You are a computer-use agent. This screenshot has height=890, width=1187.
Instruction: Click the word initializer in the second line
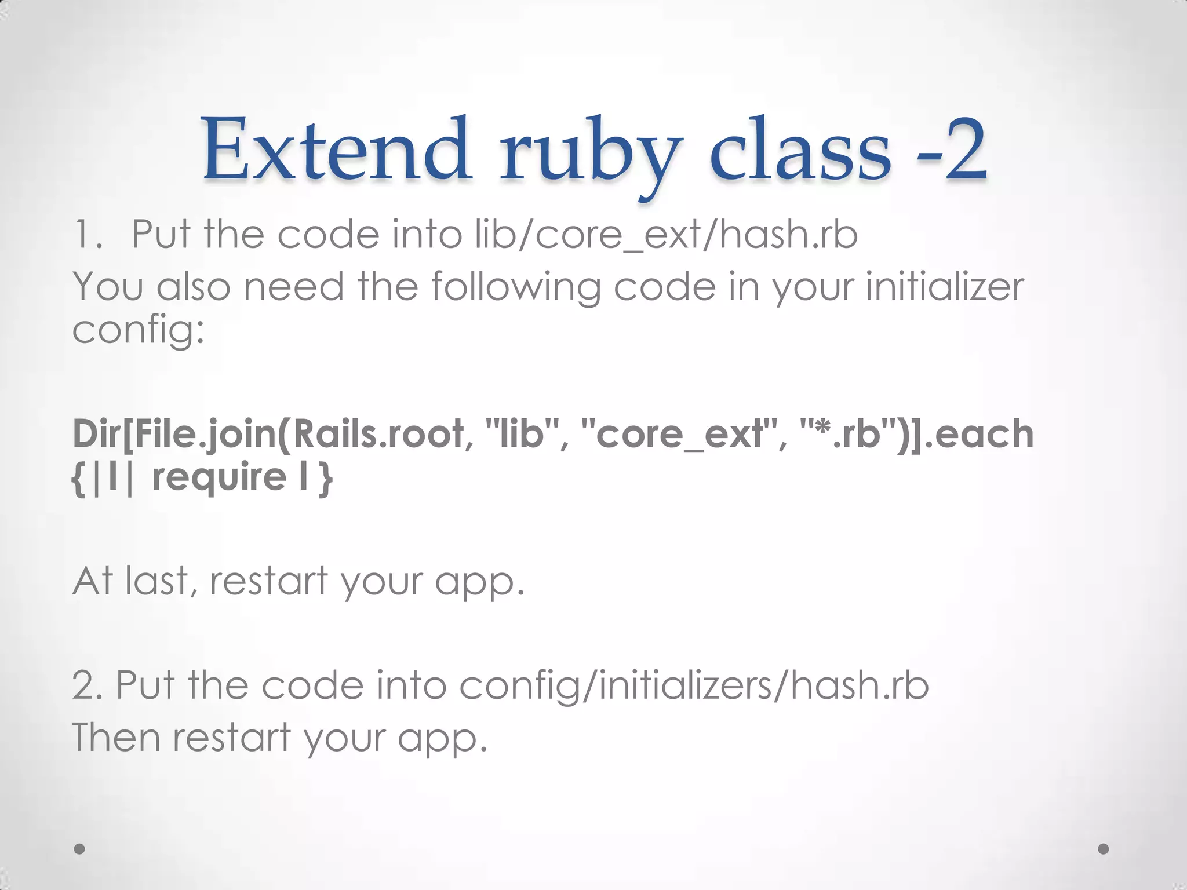coord(945,287)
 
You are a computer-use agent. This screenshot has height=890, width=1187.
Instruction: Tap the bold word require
coord(219,478)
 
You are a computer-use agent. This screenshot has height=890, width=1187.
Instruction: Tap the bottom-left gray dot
coord(80,849)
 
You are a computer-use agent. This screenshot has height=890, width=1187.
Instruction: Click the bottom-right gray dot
coord(1104,849)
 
